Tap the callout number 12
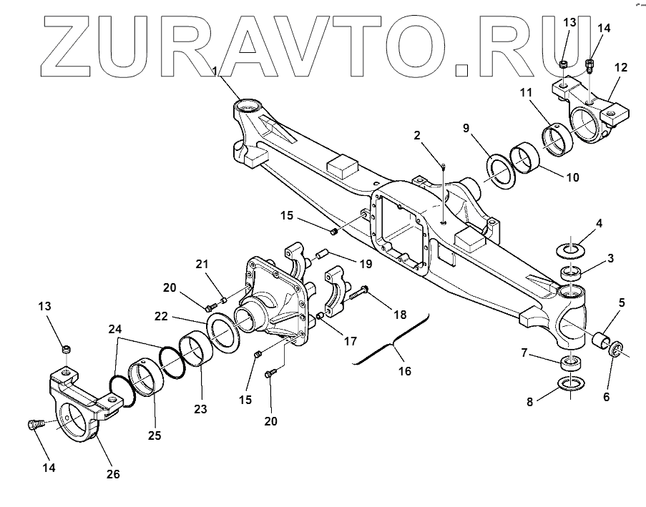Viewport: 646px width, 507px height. tap(620, 68)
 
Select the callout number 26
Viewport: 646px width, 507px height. tap(113, 473)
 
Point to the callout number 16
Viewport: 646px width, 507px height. tap(405, 371)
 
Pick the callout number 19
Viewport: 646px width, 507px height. tap(366, 264)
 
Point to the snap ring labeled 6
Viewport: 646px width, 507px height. tap(615, 350)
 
